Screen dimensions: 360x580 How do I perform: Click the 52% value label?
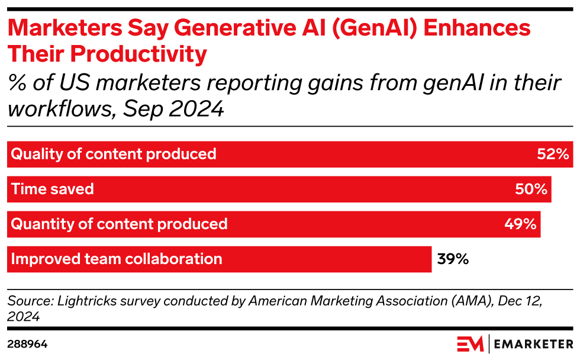click(x=553, y=155)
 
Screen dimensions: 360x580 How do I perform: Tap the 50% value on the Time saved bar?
click(x=531, y=189)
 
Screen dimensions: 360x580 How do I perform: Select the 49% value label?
click(x=520, y=224)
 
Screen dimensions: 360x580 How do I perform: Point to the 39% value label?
click(x=453, y=259)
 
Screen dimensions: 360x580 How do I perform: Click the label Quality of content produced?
click(x=114, y=155)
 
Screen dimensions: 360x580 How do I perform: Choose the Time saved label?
click(x=53, y=189)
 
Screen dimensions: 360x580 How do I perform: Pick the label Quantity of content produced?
click(x=120, y=224)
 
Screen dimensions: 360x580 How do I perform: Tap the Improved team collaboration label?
click(x=117, y=259)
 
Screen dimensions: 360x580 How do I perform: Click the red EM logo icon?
click(x=470, y=344)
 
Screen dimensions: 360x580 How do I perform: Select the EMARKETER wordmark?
click(x=534, y=344)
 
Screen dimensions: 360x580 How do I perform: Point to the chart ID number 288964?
click(x=27, y=344)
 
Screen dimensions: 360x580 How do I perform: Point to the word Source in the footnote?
click(x=26, y=301)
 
